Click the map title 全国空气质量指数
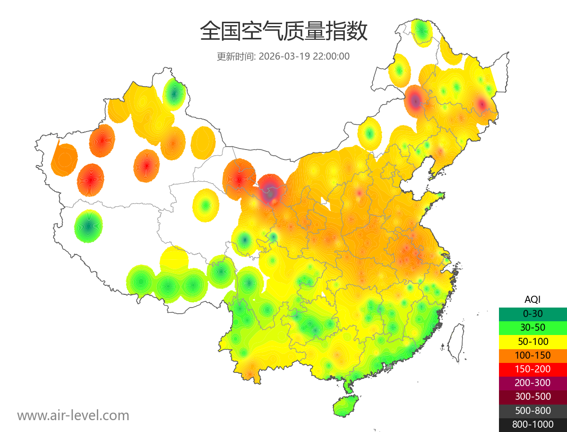(x=283, y=32)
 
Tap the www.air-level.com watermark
(x=73, y=415)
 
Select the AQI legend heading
(x=533, y=299)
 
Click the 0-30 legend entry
(x=533, y=313)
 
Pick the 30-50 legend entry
(x=533, y=327)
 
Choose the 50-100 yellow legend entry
(x=533, y=341)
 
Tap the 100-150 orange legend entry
(x=533, y=355)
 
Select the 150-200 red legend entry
(x=533, y=369)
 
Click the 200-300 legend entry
(x=533, y=383)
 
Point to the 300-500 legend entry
(x=533, y=397)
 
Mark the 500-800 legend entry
(x=533, y=411)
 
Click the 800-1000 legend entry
(x=533, y=424)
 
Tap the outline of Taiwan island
(x=455, y=343)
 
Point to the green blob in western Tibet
(x=88, y=226)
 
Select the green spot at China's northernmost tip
(x=421, y=31)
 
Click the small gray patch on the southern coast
(x=389, y=366)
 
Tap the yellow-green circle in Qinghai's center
(x=206, y=205)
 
